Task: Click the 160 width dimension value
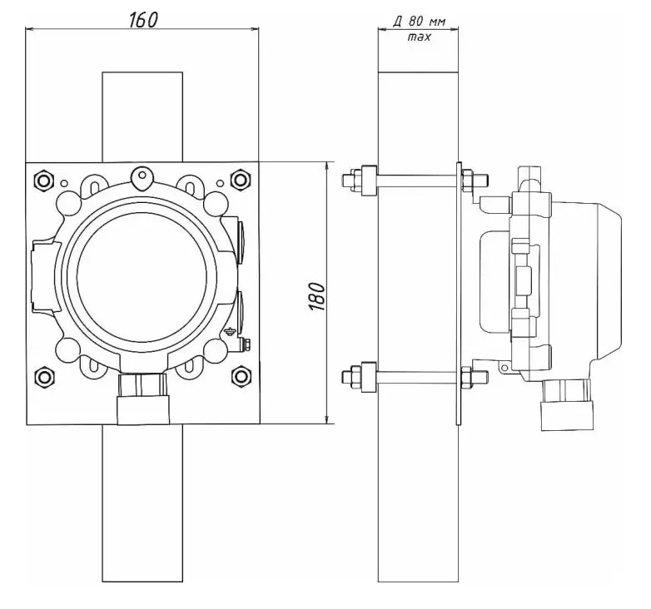click(x=144, y=19)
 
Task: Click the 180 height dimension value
click(x=317, y=296)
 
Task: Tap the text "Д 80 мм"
click(x=420, y=21)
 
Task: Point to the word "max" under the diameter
click(x=420, y=37)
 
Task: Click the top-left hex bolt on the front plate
click(x=43, y=181)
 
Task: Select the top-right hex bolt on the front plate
click(x=240, y=180)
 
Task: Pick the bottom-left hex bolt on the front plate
click(x=44, y=377)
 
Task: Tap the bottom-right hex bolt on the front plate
click(x=241, y=376)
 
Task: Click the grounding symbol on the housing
click(x=230, y=331)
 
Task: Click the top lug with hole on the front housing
click(x=142, y=177)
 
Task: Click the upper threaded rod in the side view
click(x=415, y=180)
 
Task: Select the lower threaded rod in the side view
click(x=415, y=377)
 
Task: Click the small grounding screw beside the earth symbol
click(x=246, y=345)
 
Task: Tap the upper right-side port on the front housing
click(x=240, y=242)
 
